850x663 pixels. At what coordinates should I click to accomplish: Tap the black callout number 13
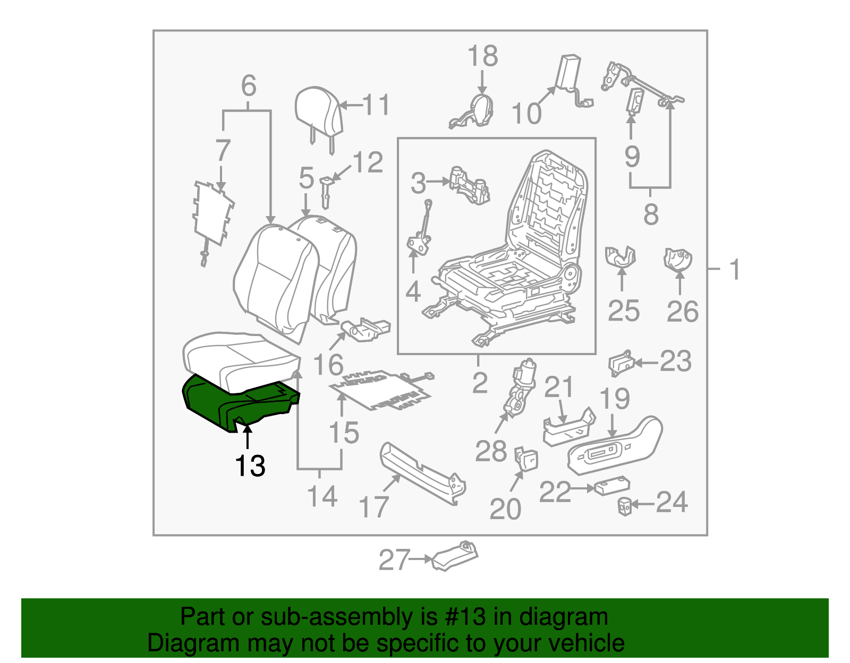(x=250, y=466)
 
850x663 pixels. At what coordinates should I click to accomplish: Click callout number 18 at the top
(x=482, y=56)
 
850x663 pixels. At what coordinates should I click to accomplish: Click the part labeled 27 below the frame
(x=455, y=557)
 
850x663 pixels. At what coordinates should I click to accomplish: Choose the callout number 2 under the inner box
(x=479, y=383)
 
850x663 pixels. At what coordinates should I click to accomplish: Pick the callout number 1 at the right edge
(x=735, y=270)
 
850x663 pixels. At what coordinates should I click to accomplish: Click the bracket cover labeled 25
(x=620, y=256)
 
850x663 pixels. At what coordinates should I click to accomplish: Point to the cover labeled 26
(x=677, y=260)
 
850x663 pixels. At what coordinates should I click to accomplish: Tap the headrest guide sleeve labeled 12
(x=326, y=192)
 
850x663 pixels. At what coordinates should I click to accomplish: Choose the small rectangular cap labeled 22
(x=611, y=487)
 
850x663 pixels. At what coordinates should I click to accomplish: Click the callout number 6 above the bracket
(x=248, y=85)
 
